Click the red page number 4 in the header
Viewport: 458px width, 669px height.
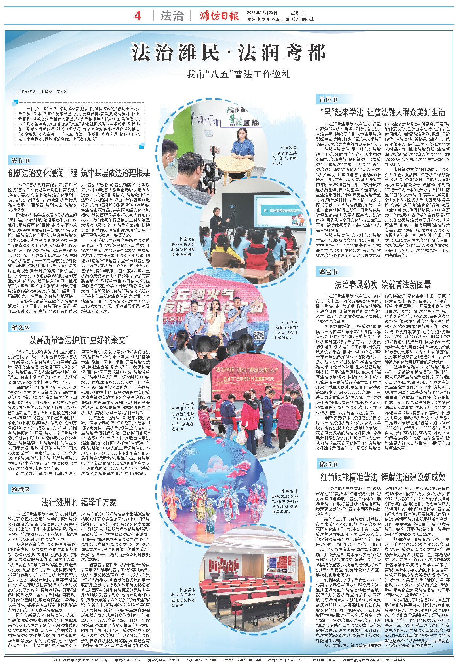[x=138, y=16]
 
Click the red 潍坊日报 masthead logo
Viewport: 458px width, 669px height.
[x=220, y=16]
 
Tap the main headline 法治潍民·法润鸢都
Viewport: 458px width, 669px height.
[x=229, y=53]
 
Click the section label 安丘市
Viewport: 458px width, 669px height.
[x=21, y=161]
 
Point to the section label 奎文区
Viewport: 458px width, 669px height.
[x=21, y=327]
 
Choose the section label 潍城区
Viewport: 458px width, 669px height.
[x=21, y=489]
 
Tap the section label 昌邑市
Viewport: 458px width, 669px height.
[x=329, y=99]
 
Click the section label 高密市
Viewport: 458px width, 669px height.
[x=329, y=272]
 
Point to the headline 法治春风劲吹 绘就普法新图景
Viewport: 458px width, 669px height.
[x=382, y=285]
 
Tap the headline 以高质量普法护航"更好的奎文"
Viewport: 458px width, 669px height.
[x=79, y=340]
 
